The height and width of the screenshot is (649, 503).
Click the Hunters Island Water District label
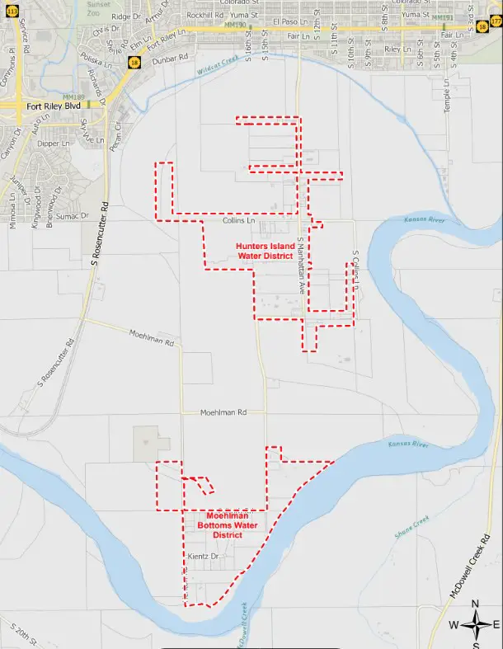[265, 251]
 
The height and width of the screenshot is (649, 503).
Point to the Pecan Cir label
[115, 134]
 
